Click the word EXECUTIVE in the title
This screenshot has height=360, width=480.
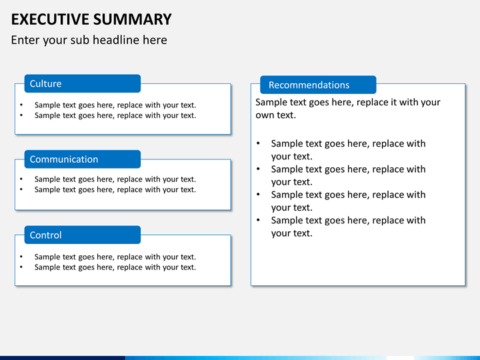50,19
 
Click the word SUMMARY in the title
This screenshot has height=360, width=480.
133,19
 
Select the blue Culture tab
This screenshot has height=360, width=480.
83,83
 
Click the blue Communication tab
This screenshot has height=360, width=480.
83,159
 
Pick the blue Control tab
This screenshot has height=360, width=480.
83,235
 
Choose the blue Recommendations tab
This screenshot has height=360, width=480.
318,85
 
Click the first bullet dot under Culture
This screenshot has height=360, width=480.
21,105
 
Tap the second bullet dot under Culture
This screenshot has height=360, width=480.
21,115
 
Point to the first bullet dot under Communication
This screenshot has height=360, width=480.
21,179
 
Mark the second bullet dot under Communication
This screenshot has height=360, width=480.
21,189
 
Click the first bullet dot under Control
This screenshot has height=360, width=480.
21,257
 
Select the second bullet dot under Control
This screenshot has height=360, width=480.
21,267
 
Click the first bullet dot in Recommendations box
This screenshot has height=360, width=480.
259,143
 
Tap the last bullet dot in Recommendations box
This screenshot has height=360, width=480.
259,220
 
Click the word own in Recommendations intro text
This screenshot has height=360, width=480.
265,115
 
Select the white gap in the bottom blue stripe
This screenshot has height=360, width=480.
400,358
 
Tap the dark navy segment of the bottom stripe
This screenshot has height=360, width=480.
63,358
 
